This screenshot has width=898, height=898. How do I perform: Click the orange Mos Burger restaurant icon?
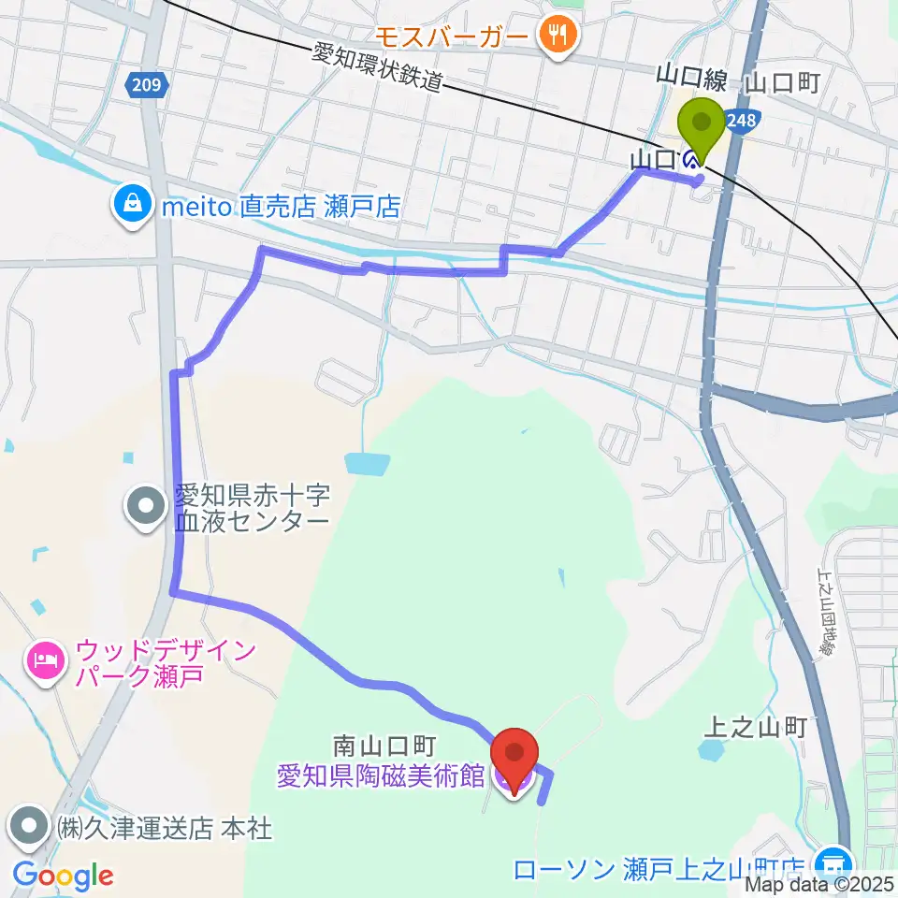[558, 36]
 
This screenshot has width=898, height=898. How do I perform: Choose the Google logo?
[63, 876]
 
